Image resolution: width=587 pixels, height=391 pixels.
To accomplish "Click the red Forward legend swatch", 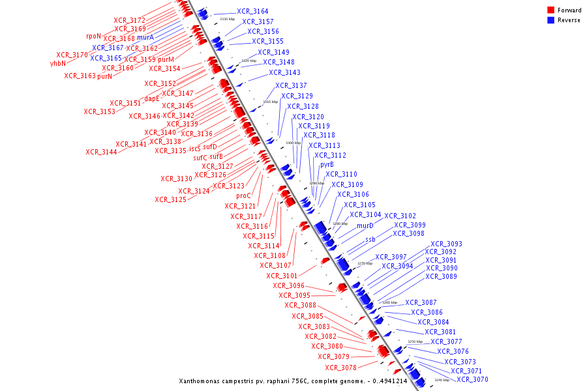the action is click(x=551, y=10).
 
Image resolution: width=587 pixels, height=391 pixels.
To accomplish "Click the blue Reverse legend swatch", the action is click(x=551, y=20).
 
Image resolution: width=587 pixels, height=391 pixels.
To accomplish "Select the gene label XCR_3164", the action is click(x=252, y=11).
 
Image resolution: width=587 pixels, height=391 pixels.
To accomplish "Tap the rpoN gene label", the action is click(x=93, y=36).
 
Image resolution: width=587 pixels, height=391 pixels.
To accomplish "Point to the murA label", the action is click(x=145, y=38).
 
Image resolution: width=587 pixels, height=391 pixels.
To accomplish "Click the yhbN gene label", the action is click(x=58, y=64).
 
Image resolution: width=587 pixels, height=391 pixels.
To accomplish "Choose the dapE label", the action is click(x=152, y=99).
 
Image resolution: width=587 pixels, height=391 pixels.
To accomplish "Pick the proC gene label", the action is click(x=244, y=195).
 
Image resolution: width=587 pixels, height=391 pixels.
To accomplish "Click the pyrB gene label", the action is click(x=327, y=165).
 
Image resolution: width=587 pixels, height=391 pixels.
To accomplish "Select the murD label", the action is click(x=365, y=225).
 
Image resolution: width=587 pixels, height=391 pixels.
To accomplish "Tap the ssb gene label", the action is click(x=370, y=240).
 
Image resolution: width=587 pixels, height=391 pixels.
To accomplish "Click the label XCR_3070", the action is click(x=472, y=379).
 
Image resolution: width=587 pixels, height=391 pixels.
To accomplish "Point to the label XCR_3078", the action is click(x=340, y=368).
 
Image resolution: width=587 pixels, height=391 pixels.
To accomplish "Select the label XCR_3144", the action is click(x=101, y=152).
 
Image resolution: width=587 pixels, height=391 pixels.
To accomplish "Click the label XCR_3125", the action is click(x=170, y=199).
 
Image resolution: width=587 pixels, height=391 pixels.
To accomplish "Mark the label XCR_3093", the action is click(x=446, y=244).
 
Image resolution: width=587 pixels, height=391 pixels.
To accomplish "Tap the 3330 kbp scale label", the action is click(x=227, y=20).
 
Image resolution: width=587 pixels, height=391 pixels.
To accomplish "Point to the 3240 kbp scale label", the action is click(x=442, y=380).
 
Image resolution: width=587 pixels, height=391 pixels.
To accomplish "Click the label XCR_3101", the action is click(x=282, y=276).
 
